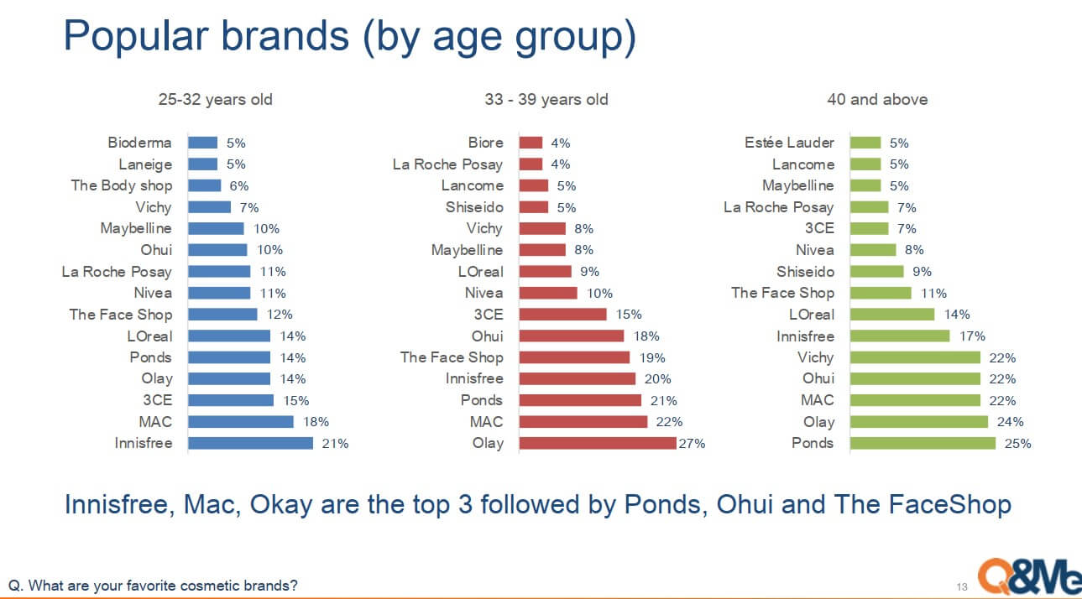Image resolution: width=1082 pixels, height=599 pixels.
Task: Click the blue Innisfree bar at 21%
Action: coord(250,443)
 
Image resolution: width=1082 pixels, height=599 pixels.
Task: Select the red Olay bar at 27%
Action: coord(598,443)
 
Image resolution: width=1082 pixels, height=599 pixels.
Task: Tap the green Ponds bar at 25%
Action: coord(923,443)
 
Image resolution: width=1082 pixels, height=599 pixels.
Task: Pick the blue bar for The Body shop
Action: coord(204,185)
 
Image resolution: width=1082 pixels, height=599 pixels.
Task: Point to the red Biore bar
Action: coord(531,143)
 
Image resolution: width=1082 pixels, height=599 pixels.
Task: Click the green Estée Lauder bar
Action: coord(865,143)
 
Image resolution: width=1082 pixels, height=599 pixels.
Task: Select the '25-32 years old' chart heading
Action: coord(216,99)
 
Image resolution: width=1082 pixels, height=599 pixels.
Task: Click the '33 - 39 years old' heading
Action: coord(546,99)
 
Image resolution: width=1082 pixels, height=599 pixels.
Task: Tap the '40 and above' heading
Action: coord(877,99)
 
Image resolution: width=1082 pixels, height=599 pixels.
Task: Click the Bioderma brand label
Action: coord(139,143)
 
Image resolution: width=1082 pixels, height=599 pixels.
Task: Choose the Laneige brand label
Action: coord(145,164)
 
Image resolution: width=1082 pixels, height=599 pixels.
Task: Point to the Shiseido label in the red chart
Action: coord(474,207)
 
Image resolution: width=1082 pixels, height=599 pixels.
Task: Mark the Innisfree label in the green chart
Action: coord(805,336)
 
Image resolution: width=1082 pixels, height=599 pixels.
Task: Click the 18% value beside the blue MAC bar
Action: coord(316,422)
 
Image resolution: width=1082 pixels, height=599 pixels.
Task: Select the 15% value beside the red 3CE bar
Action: coord(629,315)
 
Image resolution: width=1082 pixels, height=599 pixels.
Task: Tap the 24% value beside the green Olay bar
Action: coord(1010,422)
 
